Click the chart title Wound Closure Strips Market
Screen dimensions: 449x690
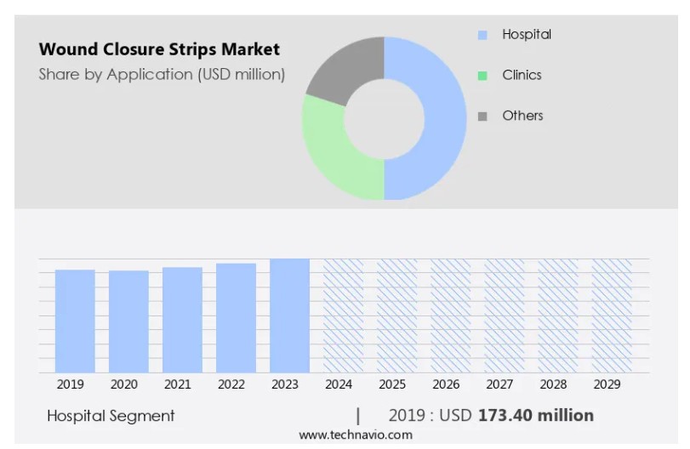[x=159, y=49]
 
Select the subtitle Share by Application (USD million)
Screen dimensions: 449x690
[x=162, y=75]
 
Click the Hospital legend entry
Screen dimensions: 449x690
[x=526, y=35]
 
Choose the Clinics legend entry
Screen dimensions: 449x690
[x=521, y=75]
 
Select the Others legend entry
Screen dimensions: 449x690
[x=522, y=116]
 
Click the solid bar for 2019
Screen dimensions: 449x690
[x=75, y=321]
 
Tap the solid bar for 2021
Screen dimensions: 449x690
[x=182, y=320]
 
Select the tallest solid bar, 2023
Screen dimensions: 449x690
[x=289, y=315]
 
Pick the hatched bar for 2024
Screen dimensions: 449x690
[x=343, y=315]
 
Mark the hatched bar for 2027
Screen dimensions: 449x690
[x=504, y=315]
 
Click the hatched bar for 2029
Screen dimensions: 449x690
[x=611, y=315]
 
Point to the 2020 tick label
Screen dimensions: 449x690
[x=123, y=384]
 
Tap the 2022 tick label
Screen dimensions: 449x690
[x=231, y=384]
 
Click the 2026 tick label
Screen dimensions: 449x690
[x=446, y=384]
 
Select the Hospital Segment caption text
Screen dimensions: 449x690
[x=111, y=416]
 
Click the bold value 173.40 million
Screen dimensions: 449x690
[x=536, y=416]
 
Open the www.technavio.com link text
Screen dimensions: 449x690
[x=355, y=435]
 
